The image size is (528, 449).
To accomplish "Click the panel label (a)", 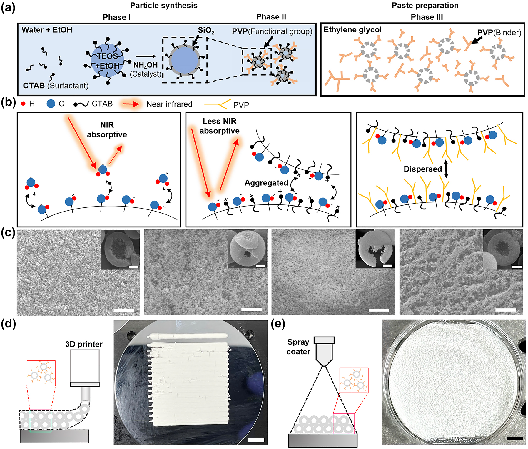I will point(8,7).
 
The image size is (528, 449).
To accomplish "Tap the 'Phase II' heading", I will point(271,17).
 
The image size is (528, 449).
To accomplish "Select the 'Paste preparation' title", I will point(425,5).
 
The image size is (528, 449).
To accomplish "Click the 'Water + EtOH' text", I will point(47,30).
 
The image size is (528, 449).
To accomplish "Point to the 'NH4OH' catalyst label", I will point(146,65).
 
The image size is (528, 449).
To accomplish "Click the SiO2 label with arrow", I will point(206,31).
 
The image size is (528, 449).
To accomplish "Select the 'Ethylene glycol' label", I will point(352,30).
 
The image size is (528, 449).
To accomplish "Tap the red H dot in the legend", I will point(23,104).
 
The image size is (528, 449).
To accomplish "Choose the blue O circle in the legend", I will point(51,104).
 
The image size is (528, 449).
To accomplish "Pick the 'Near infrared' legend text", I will point(169,104).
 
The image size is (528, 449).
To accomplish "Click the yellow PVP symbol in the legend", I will point(218,104).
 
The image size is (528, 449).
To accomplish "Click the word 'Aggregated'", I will point(266,183).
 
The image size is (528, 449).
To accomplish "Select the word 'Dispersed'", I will point(422,169).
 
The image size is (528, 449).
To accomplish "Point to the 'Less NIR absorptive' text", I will point(219,126).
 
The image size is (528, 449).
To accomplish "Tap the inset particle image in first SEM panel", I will point(120,250).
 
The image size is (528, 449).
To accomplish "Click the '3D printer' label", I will point(84,344).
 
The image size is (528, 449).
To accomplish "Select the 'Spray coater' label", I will point(298,347).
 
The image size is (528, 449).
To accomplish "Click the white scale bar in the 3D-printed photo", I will point(256,440).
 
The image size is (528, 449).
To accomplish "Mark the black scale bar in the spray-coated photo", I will point(514,439).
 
